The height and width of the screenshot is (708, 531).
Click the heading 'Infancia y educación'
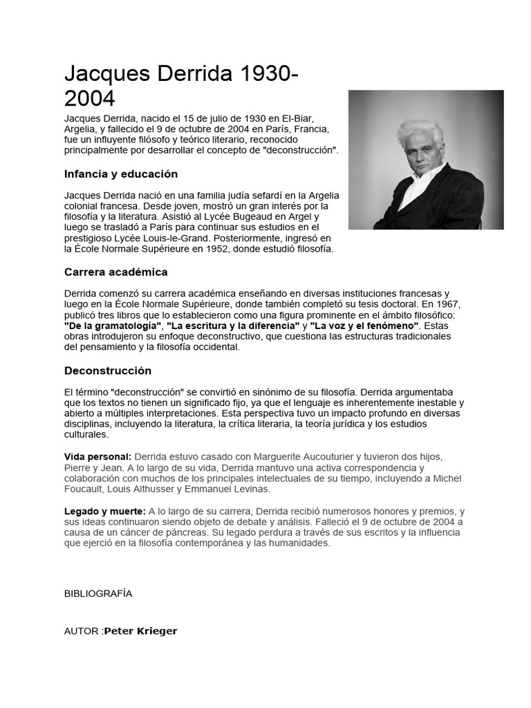tap(121, 174)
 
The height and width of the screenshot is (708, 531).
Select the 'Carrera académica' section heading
tap(115, 272)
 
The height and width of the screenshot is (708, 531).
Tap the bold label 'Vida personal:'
tap(97, 457)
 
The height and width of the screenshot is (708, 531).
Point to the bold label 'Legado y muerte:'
tap(104, 511)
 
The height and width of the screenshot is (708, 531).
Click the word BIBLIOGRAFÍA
tap(97, 593)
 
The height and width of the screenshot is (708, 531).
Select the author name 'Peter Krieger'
tap(140, 631)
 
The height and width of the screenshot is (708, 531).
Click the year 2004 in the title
tap(89, 97)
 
